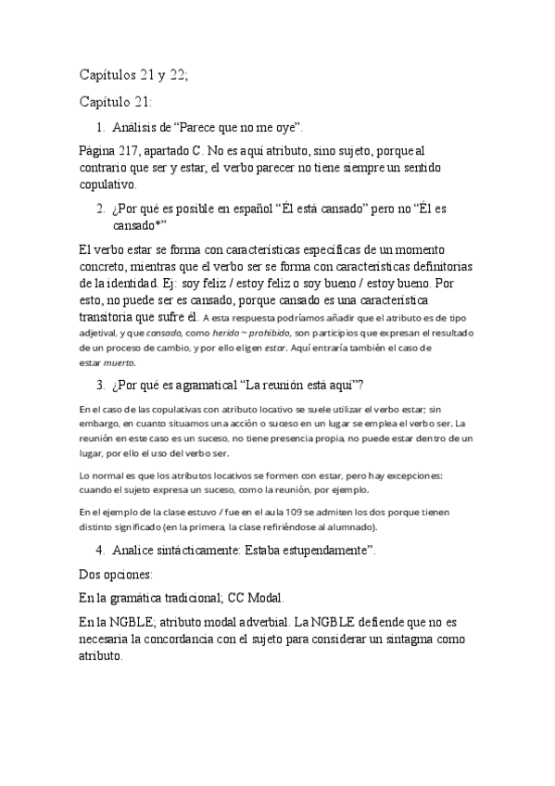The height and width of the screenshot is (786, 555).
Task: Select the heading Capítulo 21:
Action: pyautogui.click(x=116, y=102)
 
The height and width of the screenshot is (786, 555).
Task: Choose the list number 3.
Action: pyautogui.click(x=100, y=385)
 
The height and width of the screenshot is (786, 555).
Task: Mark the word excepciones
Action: pyautogui.click(x=414, y=475)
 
